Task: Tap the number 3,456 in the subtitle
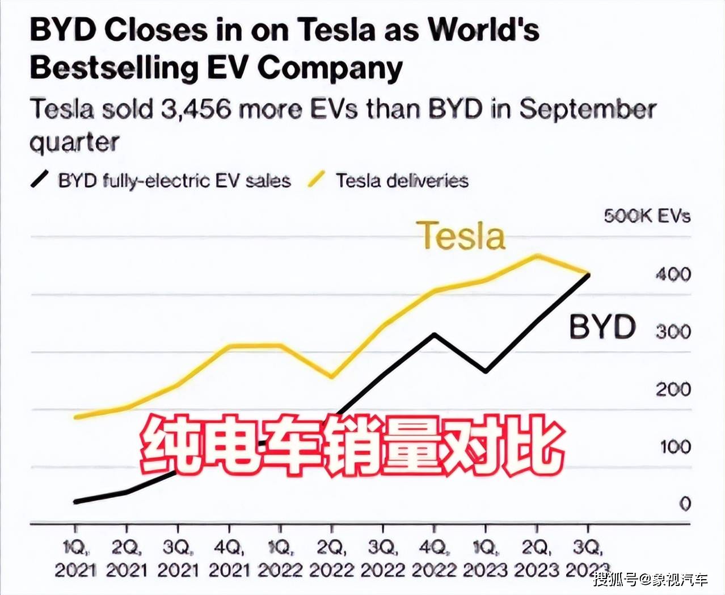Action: point(196,109)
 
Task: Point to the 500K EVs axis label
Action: point(647,216)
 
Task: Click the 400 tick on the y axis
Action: point(673,275)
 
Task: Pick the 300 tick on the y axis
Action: point(673,332)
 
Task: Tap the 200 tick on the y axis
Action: point(673,389)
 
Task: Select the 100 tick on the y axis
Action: point(675,447)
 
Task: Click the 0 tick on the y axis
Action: point(685,504)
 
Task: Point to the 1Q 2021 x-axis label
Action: point(75,559)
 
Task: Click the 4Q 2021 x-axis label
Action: point(229,559)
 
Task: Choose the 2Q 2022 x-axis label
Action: point(331,559)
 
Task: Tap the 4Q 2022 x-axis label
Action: point(434,559)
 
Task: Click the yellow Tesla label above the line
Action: point(461,236)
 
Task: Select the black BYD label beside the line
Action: point(602,327)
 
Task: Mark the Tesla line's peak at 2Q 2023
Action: point(536,255)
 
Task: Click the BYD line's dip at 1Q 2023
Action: point(485,372)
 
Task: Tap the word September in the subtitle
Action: point(588,109)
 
